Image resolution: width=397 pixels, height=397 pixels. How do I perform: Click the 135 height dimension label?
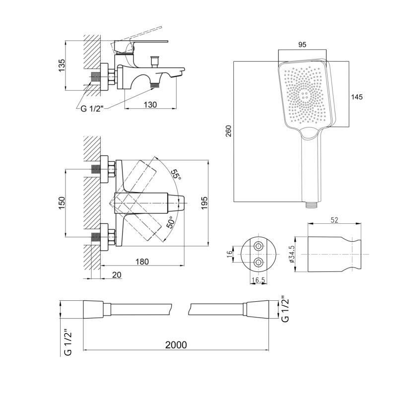coord(62,66)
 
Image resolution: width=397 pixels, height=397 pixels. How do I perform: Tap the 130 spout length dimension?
coord(150,105)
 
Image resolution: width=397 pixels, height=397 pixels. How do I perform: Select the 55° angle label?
coord(176,175)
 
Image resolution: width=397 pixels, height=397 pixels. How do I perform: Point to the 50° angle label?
coord(170,222)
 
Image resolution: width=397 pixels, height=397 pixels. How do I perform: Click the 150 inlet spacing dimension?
coord(62,203)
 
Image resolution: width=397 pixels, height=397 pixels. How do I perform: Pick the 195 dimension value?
coord(204,203)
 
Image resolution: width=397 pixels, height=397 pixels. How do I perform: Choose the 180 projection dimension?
coord(142,262)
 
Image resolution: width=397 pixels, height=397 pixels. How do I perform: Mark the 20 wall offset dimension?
coord(117,275)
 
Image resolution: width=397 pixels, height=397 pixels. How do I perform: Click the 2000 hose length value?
coord(176,345)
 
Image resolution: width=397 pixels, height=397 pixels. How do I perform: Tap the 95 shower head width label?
coord(302,45)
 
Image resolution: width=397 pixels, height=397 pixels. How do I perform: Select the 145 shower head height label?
coord(357,97)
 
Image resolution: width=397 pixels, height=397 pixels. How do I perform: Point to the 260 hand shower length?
coord(229,131)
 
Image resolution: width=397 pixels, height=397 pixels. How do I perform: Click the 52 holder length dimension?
coord(334,220)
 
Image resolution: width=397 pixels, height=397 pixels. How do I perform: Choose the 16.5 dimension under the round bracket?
coord(258,280)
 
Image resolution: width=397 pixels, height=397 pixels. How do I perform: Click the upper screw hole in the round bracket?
coord(259,246)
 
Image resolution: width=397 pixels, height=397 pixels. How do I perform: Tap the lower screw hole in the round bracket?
coord(259,263)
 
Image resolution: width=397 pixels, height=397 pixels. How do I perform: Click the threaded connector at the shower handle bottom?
coord(311,205)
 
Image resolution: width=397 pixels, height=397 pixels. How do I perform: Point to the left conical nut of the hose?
coord(93,309)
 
